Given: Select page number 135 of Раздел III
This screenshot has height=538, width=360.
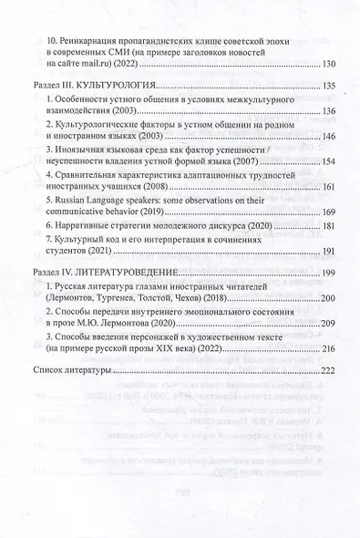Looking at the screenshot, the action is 324,86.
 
